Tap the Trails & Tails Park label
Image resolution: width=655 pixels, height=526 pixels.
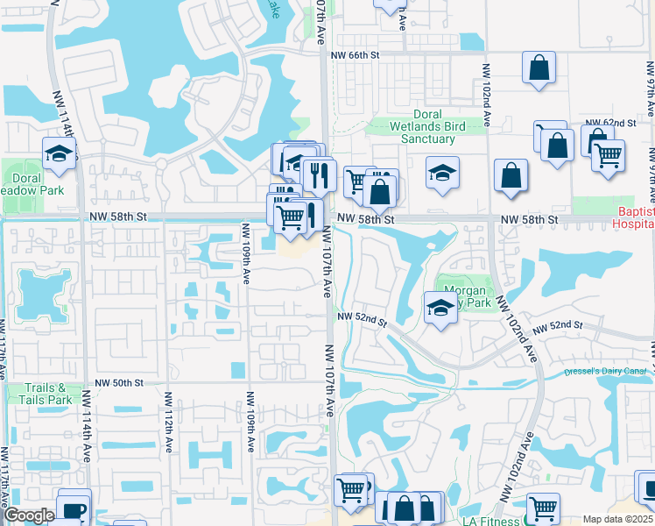[46, 394]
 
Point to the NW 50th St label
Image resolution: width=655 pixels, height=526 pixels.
[119, 383]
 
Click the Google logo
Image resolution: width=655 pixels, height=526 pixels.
[29, 515]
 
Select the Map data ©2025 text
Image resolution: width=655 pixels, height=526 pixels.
[618, 519]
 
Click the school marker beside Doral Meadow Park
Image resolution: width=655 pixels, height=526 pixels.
[59, 154]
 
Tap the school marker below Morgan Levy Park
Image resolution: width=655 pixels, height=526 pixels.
[440, 307]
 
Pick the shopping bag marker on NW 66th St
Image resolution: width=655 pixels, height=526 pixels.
[539, 68]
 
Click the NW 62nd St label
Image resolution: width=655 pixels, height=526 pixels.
[609, 123]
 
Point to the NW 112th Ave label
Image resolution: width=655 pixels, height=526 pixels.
[166, 422]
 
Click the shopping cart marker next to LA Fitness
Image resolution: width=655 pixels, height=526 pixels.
[543, 507]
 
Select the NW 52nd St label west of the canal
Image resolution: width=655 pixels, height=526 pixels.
[363, 317]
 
